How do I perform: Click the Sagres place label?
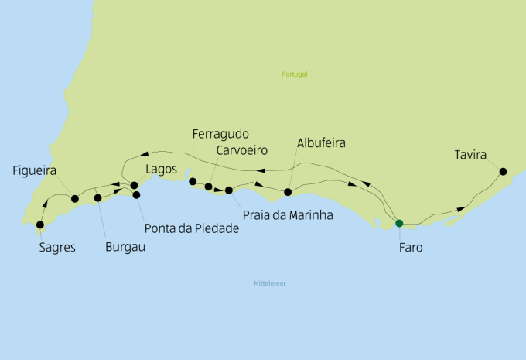click(x=58, y=248)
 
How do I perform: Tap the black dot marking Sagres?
click(x=40, y=225)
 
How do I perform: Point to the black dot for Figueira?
click(x=75, y=199)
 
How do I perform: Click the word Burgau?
click(x=125, y=248)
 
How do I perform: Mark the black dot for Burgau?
click(x=98, y=198)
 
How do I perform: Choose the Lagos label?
click(x=162, y=169)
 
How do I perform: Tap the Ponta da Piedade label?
click(x=191, y=228)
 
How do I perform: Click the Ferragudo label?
click(x=220, y=134)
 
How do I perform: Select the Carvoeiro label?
click(x=241, y=149)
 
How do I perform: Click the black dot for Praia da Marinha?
click(x=229, y=190)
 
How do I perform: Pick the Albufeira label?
click(x=320, y=143)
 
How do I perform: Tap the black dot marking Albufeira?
click(x=288, y=192)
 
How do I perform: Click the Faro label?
click(x=410, y=248)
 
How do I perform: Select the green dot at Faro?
click(x=399, y=224)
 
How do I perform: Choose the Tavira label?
click(x=470, y=156)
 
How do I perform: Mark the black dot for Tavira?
click(x=503, y=171)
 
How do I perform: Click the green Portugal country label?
click(x=295, y=74)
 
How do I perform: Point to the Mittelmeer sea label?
click(x=270, y=283)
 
